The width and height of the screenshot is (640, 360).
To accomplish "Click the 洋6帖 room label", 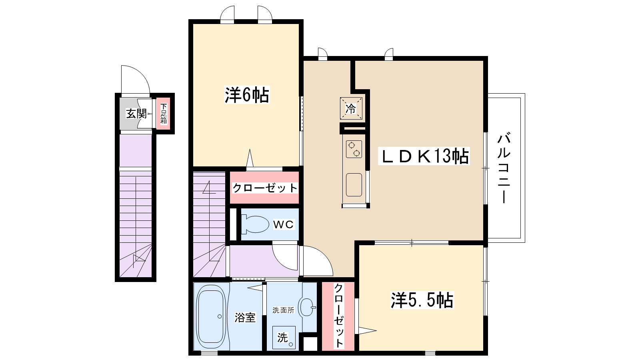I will [247, 95].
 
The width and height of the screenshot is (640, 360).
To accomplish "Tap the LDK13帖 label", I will [424, 156].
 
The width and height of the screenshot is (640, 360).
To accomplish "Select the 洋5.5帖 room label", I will [422, 300].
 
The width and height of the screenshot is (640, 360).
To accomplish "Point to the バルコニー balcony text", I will [504, 168].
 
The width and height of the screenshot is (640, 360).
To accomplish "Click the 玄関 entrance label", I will [136, 114].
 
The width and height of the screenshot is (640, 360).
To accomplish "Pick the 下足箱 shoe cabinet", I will [163, 114].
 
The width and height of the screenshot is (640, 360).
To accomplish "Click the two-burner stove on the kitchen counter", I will [354, 149].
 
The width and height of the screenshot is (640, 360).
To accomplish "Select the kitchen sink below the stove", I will [354, 184].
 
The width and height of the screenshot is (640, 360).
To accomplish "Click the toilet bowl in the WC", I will [254, 224].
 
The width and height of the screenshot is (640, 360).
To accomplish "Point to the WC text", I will [283, 225].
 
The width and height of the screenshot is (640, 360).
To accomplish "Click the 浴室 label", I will [245, 318].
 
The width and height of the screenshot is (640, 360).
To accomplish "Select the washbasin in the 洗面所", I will [307, 307].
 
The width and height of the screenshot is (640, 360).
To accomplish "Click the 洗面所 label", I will [283, 310].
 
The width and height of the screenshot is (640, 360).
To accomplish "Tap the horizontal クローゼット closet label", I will [265, 188].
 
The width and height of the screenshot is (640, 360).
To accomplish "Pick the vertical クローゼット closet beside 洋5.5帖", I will [338, 316].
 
